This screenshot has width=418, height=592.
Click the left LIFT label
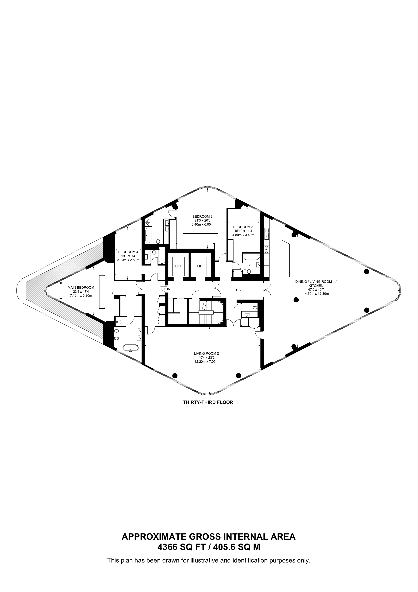178,266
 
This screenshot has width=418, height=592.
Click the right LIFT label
201,266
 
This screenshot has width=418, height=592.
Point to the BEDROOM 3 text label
243,227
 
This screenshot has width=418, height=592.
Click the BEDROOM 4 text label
128,252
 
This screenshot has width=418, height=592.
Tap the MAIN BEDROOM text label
81,288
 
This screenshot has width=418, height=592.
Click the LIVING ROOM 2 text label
206,354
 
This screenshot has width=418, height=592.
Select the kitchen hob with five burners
267,250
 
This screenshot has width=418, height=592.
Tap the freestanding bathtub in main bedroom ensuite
130,348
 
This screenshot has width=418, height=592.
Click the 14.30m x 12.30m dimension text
316,293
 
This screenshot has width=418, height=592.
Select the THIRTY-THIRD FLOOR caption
208,402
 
